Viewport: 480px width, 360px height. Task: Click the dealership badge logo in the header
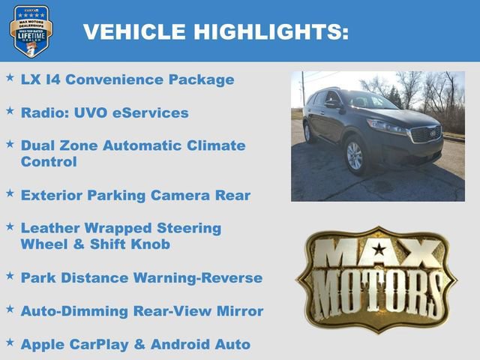click(31, 31)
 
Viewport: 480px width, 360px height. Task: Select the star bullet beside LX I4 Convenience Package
click(10, 77)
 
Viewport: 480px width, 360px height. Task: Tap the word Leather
click(51, 228)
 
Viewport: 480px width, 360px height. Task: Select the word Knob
click(149, 244)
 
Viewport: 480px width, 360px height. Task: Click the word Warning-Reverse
click(197, 278)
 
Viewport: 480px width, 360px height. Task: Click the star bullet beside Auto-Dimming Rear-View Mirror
click(10, 308)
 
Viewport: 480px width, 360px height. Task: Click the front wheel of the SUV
click(354, 155)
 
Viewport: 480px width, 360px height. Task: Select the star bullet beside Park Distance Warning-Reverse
click(10, 275)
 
